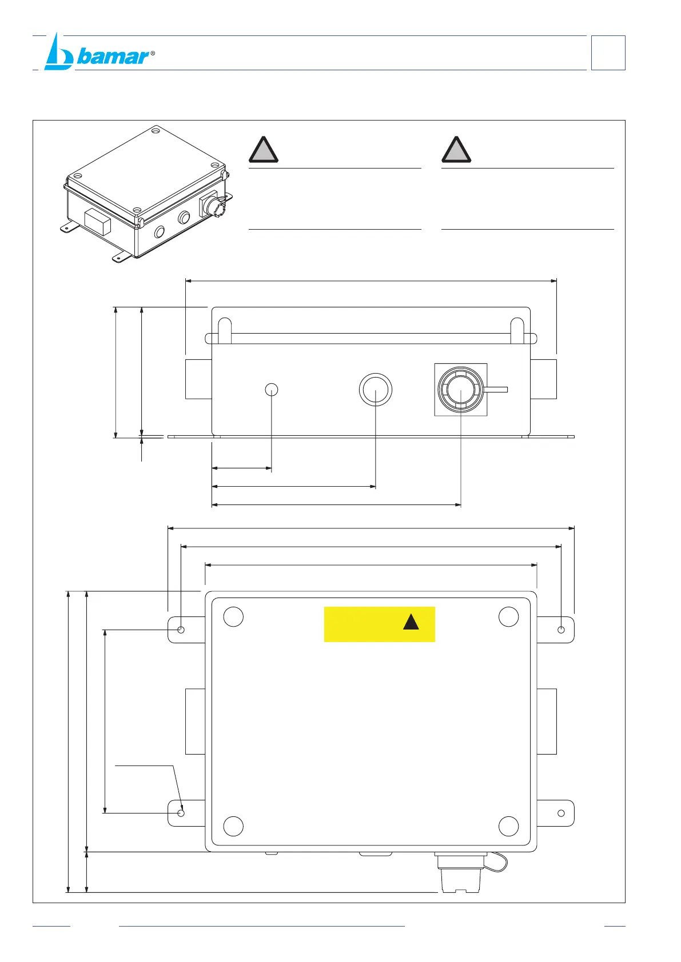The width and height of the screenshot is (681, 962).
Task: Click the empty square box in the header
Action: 608,53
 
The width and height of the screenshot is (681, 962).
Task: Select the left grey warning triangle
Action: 263,150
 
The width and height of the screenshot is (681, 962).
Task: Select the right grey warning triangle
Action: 456,150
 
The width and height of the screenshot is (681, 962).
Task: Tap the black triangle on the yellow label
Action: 411,622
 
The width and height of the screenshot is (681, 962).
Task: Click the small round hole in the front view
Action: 272,390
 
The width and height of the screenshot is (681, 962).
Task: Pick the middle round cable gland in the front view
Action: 376,390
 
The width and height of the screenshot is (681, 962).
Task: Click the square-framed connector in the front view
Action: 461,390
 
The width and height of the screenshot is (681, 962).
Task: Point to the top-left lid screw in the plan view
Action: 233,617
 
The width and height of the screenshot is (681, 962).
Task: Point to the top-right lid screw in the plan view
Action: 508,617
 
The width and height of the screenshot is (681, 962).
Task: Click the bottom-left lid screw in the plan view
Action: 233,826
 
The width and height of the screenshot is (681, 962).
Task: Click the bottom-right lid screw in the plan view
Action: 508,826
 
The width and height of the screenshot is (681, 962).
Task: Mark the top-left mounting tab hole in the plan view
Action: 181,630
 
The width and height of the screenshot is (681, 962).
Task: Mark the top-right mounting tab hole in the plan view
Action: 561,630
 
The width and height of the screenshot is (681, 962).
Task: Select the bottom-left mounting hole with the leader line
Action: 181,813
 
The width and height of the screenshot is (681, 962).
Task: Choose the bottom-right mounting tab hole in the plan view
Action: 561,813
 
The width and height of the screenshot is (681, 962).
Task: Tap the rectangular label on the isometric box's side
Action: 97,222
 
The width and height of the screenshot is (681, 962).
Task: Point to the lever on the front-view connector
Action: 496,390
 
